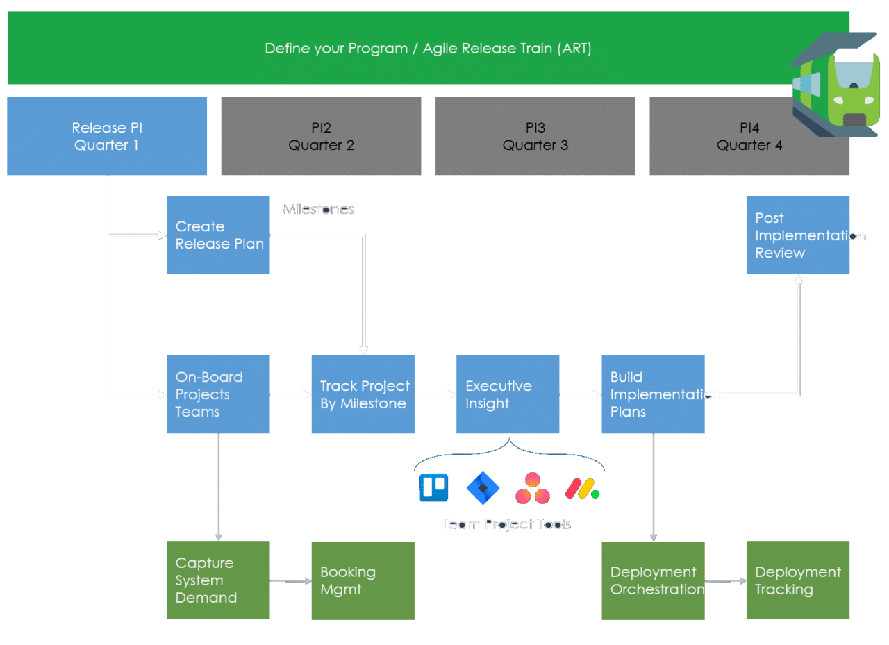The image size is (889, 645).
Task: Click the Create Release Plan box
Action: (218, 235)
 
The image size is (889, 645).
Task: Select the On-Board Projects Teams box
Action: (218, 394)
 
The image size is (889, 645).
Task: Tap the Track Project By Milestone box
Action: (363, 394)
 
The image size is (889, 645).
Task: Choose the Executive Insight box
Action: (508, 394)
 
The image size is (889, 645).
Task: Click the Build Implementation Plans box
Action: (653, 394)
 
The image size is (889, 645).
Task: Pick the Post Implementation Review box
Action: (797, 235)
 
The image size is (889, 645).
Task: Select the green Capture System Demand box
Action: (218, 580)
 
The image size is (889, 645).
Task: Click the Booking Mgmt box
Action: (363, 580)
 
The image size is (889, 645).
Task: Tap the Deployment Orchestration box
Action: (653, 580)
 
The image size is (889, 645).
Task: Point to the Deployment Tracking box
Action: (797, 580)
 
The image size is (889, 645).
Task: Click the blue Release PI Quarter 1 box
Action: (107, 136)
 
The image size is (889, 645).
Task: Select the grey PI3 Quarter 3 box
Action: (535, 136)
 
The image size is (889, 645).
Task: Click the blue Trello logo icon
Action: (433, 487)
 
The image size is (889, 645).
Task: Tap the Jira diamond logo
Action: (483, 488)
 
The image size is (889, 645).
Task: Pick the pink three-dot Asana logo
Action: (533, 488)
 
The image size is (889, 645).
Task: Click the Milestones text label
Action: (318, 209)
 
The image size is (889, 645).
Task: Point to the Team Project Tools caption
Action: (506, 524)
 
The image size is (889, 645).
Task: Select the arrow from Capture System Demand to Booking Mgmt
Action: (290, 580)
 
